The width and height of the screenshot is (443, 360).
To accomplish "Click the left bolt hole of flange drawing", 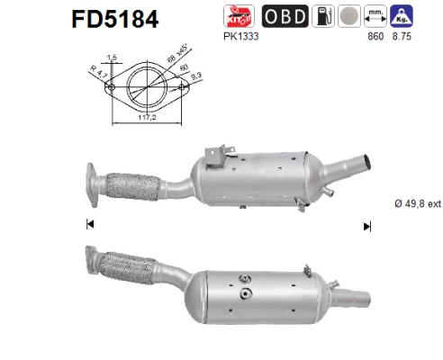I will click(112, 88).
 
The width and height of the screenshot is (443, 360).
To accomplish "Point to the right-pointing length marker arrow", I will click(366, 225).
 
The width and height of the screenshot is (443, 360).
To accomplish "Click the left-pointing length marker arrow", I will click(90, 225).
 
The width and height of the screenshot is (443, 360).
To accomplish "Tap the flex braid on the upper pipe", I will click(132, 184).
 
